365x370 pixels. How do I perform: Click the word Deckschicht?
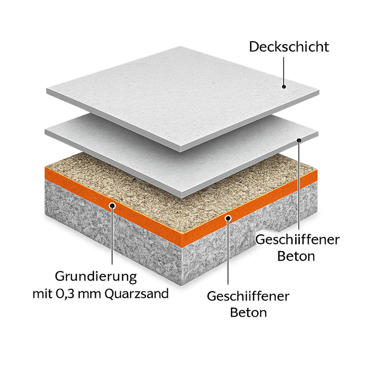tap(289, 47)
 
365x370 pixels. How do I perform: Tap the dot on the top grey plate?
tap(284, 87)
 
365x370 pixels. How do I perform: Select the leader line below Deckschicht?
tap(284, 71)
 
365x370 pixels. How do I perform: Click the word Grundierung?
tap(96, 277)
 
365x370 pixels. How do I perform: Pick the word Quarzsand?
tap(136, 294)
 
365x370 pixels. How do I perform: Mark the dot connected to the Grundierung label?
tap(113, 206)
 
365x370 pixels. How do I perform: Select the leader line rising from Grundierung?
tap(112, 236)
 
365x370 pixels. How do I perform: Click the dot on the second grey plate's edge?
tap(299, 140)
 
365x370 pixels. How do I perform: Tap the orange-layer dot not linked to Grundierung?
tap(228, 218)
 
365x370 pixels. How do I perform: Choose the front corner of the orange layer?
tap(182, 247)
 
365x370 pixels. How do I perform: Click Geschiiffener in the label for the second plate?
tap(298, 240)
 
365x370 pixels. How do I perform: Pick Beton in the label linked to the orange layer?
tap(249, 312)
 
